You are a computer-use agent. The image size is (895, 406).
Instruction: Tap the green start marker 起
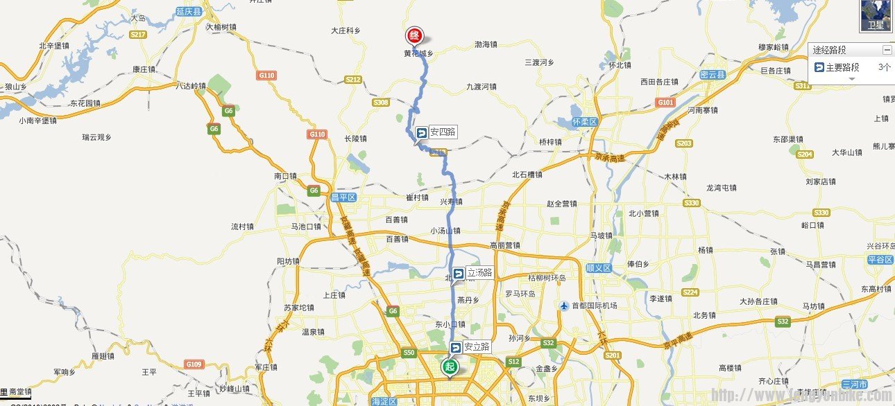click(x=450, y=367)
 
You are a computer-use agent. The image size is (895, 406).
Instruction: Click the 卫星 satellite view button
click(x=876, y=16)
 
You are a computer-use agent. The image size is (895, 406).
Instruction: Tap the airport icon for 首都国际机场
click(x=565, y=306)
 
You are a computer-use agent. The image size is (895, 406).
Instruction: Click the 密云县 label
click(x=712, y=74)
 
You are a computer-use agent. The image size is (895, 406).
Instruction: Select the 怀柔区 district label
click(x=585, y=122)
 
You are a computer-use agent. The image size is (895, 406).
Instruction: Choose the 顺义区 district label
click(x=597, y=267)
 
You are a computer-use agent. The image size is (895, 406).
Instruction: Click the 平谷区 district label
click(x=879, y=260)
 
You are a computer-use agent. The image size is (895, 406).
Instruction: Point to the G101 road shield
click(x=665, y=103)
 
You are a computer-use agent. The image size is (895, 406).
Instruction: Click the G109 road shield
click(x=194, y=364)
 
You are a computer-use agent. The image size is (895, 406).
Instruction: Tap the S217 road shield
click(x=138, y=35)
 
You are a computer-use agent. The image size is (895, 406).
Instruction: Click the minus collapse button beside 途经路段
click(x=886, y=50)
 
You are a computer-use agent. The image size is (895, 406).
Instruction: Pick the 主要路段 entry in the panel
click(x=842, y=67)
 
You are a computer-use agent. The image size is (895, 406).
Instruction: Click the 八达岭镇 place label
click(x=191, y=87)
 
